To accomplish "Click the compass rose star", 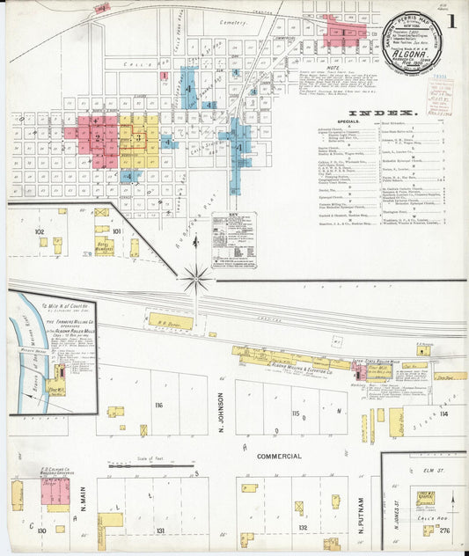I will tap(196, 280).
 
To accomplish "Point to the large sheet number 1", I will tap(451, 19).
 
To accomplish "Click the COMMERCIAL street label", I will tap(279, 457).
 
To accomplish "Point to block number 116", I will tap(158, 406).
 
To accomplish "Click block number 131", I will tap(158, 531).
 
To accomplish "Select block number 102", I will tap(39, 231).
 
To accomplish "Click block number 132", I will tap(303, 529).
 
